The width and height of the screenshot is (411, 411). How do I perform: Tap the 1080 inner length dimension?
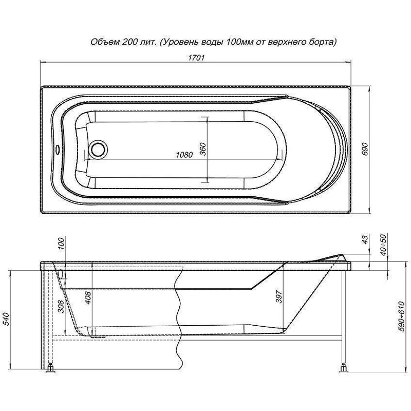coord(183,155)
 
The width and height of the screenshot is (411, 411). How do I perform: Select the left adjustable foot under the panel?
coord(50,367)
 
